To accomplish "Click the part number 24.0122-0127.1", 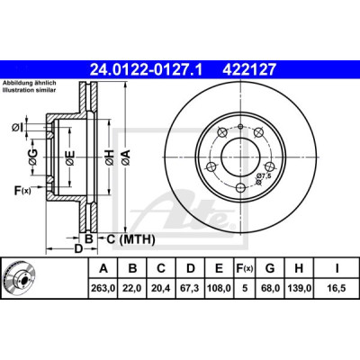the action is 147,69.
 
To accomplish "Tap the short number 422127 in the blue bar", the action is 248,69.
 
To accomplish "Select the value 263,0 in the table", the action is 103,288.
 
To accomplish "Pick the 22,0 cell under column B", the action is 132,288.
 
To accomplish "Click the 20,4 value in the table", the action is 161,288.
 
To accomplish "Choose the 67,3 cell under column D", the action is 191,288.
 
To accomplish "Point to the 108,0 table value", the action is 219,288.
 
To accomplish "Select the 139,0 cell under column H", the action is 299,288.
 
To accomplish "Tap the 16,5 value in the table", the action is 336,288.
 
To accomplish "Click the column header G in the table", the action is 270,268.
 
